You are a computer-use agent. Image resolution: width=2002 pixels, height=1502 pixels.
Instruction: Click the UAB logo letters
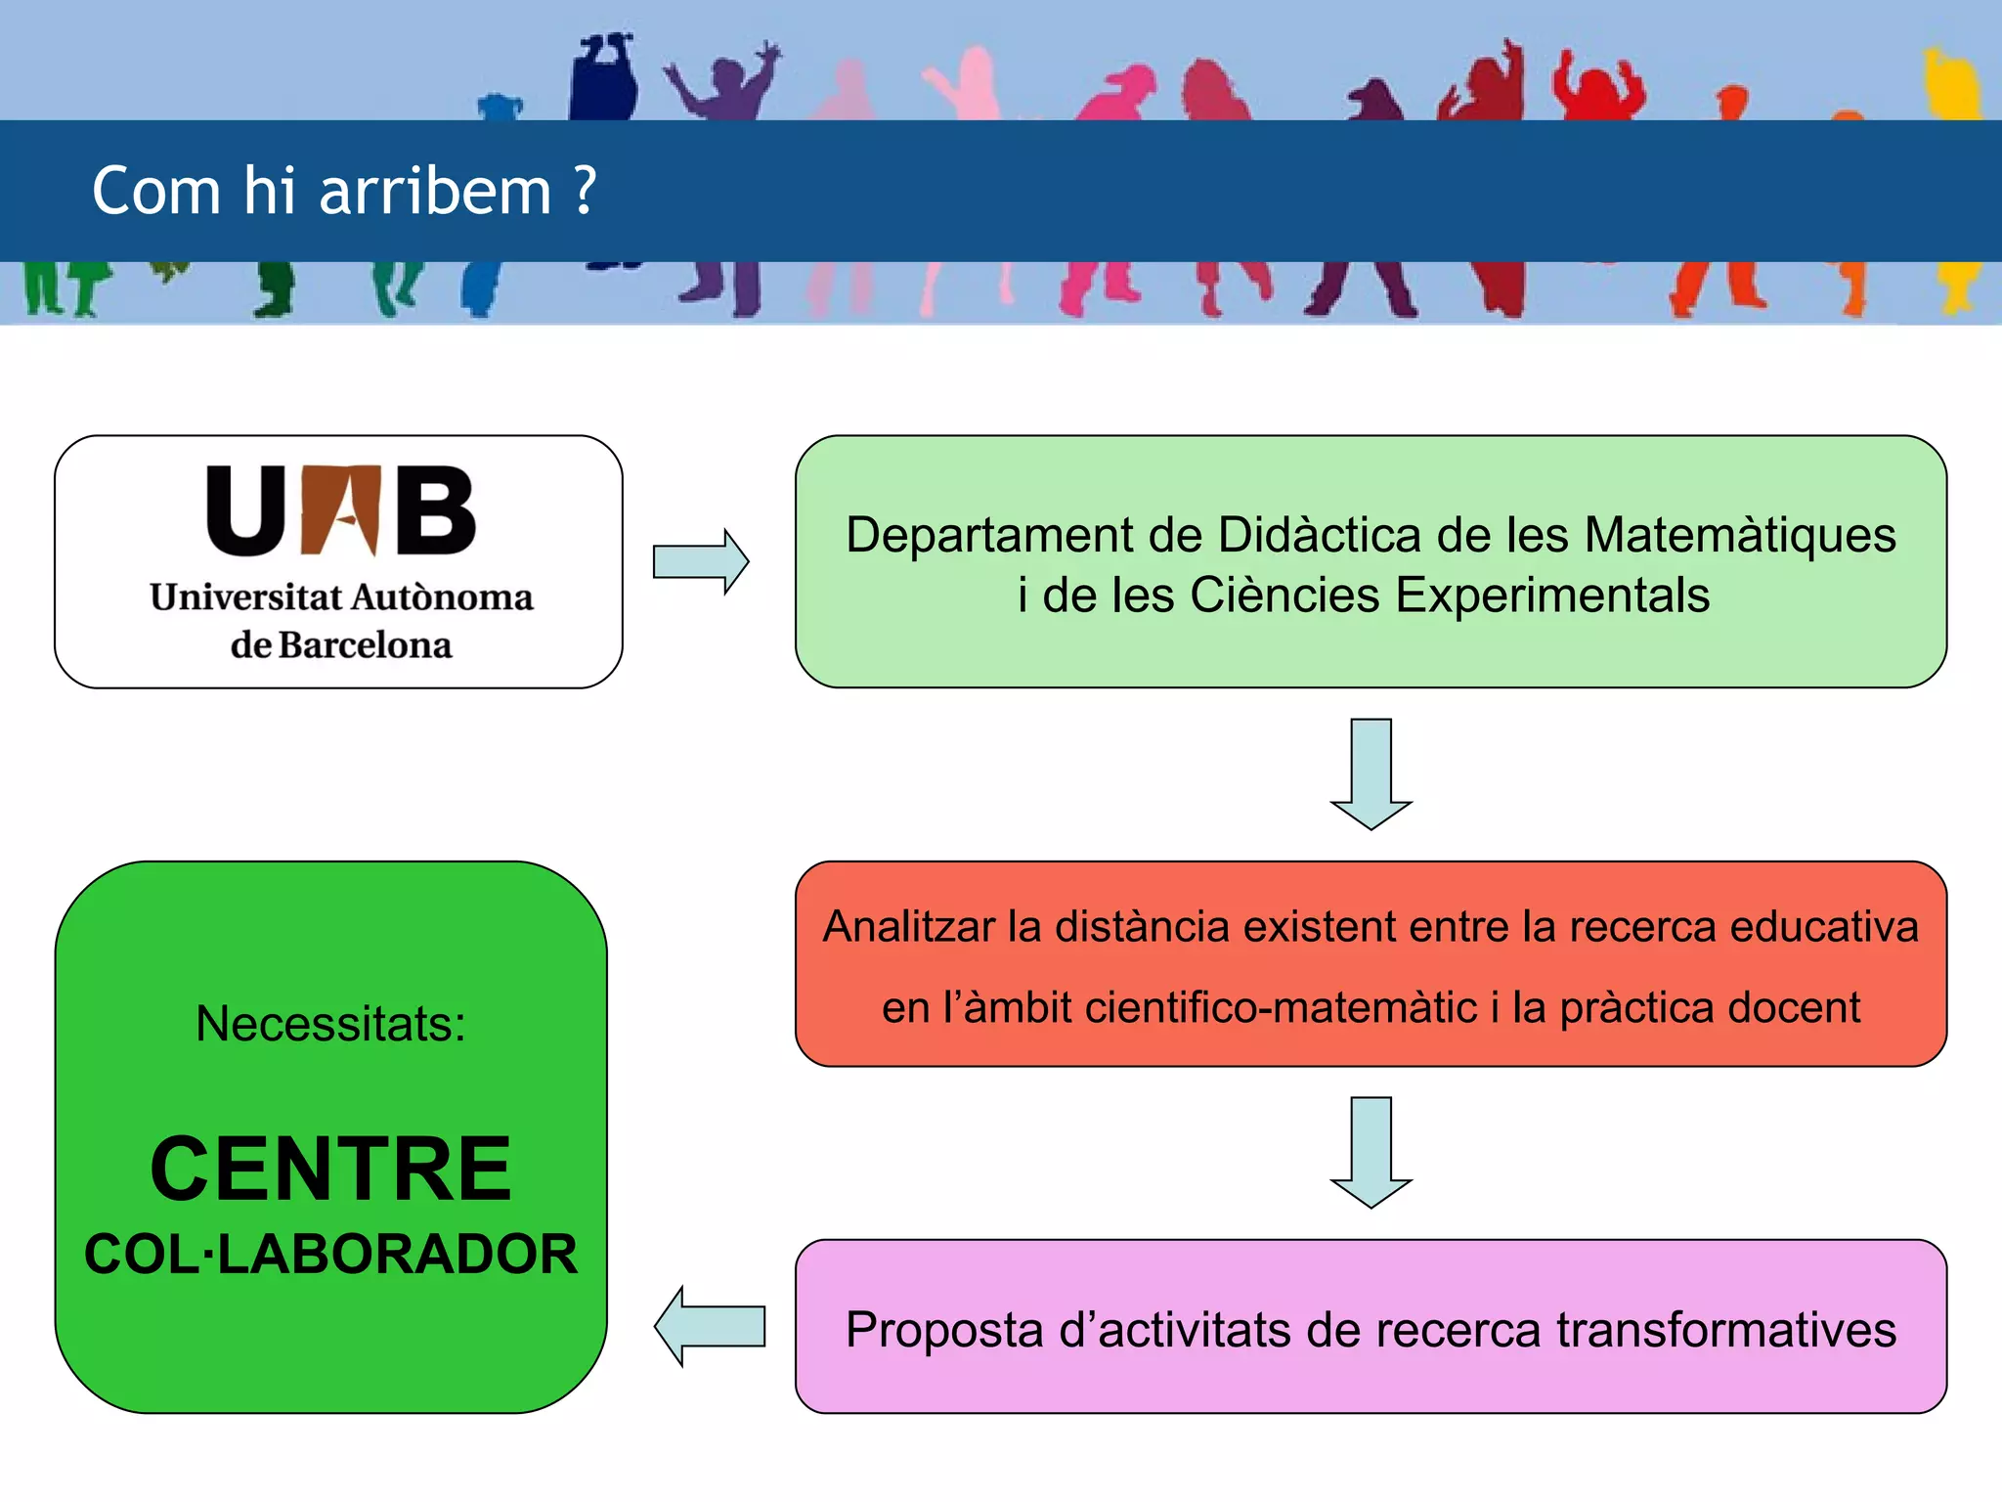point(341,510)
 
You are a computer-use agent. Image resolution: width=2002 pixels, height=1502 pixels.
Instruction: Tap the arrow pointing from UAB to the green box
point(701,561)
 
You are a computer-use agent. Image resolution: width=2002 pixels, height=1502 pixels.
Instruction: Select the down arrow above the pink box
point(1371,1152)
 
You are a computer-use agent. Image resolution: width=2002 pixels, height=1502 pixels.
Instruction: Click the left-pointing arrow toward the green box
point(710,1326)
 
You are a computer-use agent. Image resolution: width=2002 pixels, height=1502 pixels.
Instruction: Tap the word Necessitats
point(330,1024)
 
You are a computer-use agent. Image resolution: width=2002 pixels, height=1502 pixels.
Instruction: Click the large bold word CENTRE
point(330,1169)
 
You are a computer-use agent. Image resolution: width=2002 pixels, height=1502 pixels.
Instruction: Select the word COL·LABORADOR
point(330,1255)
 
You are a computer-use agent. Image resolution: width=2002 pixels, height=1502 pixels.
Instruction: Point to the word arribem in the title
point(436,191)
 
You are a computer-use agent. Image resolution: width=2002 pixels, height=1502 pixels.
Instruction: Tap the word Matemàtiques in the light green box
point(1740,536)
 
